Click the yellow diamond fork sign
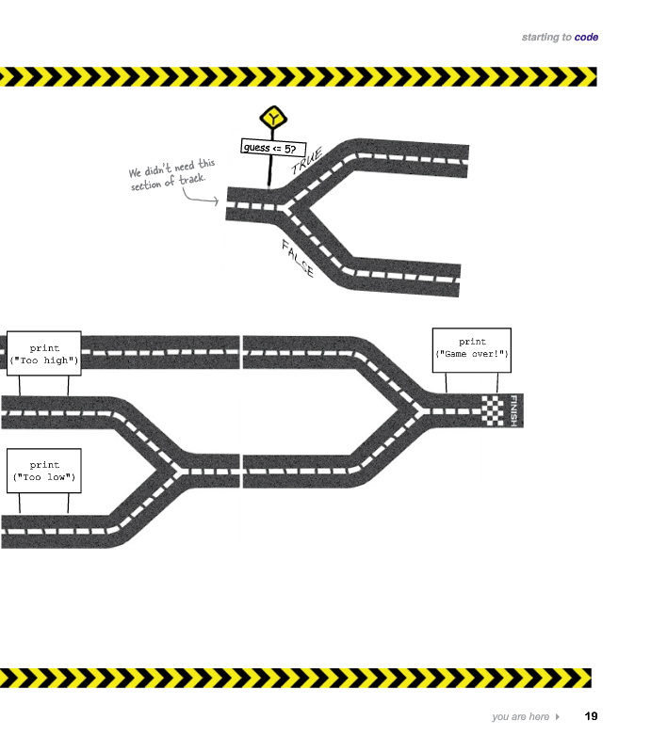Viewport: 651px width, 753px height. [x=272, y=119]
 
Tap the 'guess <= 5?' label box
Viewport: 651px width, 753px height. [x=269, y=148]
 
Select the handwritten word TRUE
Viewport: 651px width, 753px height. [x=307, y=161]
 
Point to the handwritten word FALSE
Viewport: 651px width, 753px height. [x=298, y=259]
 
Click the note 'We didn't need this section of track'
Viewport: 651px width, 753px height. [x=171, y=175]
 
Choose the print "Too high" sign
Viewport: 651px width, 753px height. [x=43, y=354]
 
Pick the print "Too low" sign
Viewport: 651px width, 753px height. [x=43, y=471]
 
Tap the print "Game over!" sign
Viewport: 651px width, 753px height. [x=472, y=348]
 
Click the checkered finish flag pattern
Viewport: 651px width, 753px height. [x=494, y=410]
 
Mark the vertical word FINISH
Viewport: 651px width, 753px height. [x=514, y=410]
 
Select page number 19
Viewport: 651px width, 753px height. [x=591, y=716]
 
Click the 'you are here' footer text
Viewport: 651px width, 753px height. [x=520, y=717]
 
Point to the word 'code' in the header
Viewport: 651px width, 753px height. [x=586, y=38]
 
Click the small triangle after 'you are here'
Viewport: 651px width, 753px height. [x=557, y=717]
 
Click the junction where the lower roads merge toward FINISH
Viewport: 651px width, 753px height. [x=412, y=410]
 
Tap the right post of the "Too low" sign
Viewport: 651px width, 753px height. [x=68, y=504]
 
